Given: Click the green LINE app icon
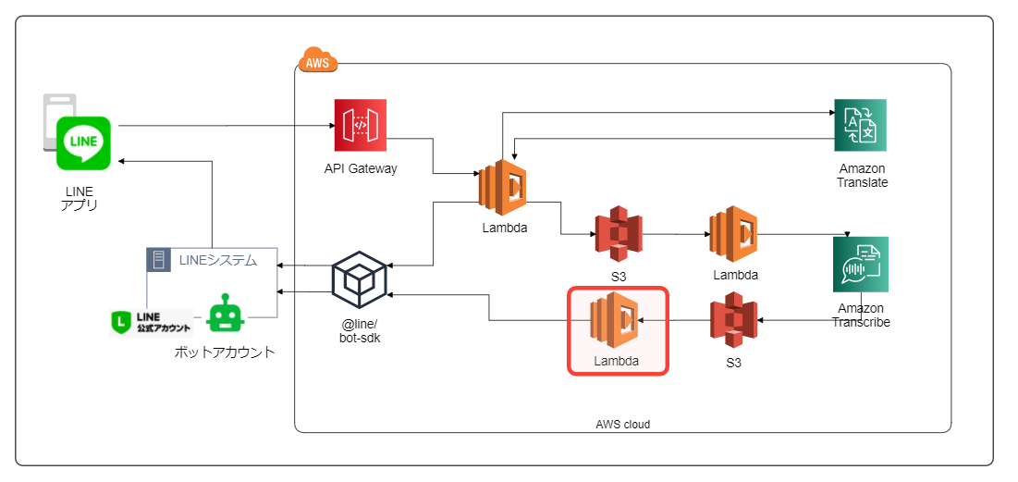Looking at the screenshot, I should click(x=83, y=143).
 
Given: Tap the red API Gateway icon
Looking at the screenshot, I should click(x=361, y=125).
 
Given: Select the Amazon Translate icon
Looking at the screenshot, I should click(x=860, y=125).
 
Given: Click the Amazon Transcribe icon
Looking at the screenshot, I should click(x=860, y=264).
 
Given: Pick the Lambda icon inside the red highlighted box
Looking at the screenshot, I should click(x=616, y=319).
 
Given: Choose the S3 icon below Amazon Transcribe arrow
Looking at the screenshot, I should click(x=734, y=320).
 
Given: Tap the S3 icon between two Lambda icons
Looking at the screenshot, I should click(x=619, y=234).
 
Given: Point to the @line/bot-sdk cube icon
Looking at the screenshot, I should click(x=359, y=277).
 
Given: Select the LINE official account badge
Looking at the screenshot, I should click(x=152, y=321).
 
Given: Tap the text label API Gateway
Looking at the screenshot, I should click(x=361, y=168).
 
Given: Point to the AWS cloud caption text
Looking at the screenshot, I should click(x=622, y=424).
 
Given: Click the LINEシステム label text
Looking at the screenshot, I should click(x=218, y=260).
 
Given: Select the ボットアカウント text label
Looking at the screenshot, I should click(x=225, y=352).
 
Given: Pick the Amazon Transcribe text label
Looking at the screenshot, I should click(x=861, y=315).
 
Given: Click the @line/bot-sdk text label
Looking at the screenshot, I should click(x=360, y=330).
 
